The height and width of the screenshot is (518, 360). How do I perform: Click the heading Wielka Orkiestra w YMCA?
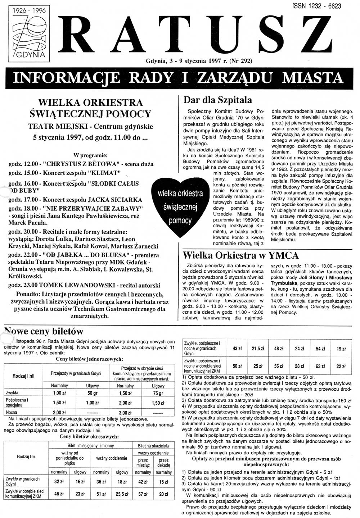241,255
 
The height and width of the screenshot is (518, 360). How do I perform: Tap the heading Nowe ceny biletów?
44,331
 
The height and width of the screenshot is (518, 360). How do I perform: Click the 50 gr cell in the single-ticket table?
93,393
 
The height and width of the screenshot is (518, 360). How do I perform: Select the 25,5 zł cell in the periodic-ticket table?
122,494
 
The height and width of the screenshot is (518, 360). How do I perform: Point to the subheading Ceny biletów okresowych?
89,436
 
